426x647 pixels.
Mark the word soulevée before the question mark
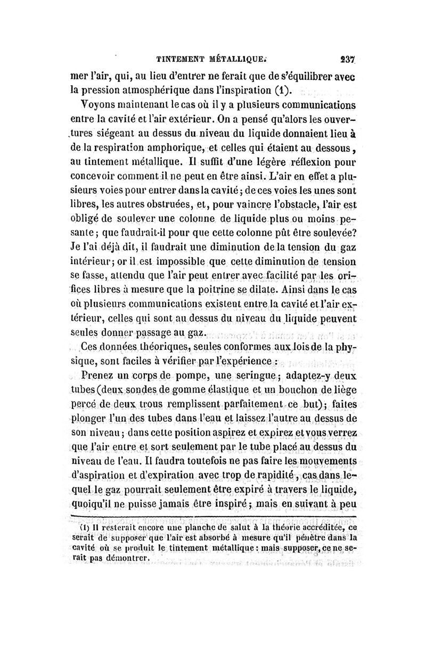pos(324,232)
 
